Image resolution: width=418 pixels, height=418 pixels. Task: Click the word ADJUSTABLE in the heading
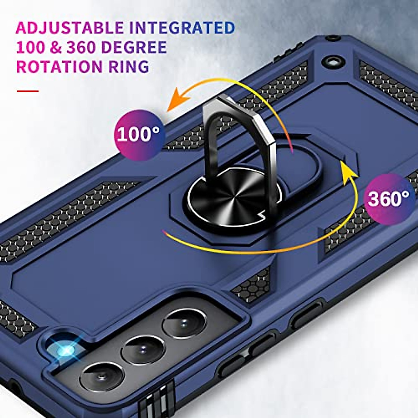pos(70,28)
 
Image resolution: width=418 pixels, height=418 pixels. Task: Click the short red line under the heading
pos(28,91)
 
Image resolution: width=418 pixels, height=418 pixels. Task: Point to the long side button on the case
pos(307,315)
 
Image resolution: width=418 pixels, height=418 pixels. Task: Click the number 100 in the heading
pos(31,47)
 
